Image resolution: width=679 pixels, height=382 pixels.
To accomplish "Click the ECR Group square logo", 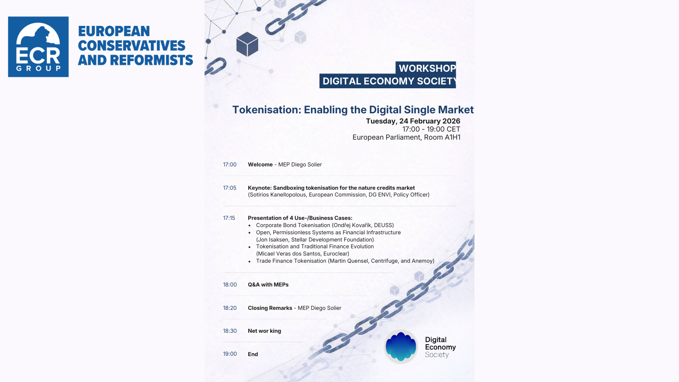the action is click(x=38, y=47).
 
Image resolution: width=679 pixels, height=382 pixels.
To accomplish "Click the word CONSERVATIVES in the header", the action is click(x=132, y=46).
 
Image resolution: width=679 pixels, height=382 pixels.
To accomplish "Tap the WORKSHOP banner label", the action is click(x=427, y=68).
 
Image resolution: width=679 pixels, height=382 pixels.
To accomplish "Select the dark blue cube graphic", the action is click(x=247, y=44).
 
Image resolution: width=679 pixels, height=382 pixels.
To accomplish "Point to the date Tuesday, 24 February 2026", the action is click(x=413, y=121).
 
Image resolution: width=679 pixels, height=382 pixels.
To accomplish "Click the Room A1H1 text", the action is click(x=442, y=138).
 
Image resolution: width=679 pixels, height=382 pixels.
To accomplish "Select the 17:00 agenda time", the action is click(x=230, y=165).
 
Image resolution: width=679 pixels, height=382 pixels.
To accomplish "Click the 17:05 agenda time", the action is click(x=230, y=188).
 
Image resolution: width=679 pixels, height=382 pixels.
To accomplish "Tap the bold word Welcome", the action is click(x=261, y=165).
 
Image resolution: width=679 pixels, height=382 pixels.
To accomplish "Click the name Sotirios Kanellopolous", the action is click(x=278, y=195).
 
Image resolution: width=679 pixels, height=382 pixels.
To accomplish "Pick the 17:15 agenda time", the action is click(x=229, y=218).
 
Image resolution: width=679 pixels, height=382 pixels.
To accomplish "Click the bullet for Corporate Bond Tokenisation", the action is click(x=250, y=225).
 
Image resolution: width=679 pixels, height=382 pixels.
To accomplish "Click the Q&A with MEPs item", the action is click(x=268, y=285).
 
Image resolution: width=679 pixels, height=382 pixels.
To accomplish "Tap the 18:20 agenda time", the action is click(x=230, y=308).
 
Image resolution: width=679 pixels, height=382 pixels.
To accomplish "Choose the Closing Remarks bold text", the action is click(x=270, y=308).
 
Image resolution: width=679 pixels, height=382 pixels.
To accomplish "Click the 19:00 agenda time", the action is click(x=230, y=354).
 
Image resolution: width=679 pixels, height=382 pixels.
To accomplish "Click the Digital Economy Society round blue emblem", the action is click(x=401, y=346).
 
